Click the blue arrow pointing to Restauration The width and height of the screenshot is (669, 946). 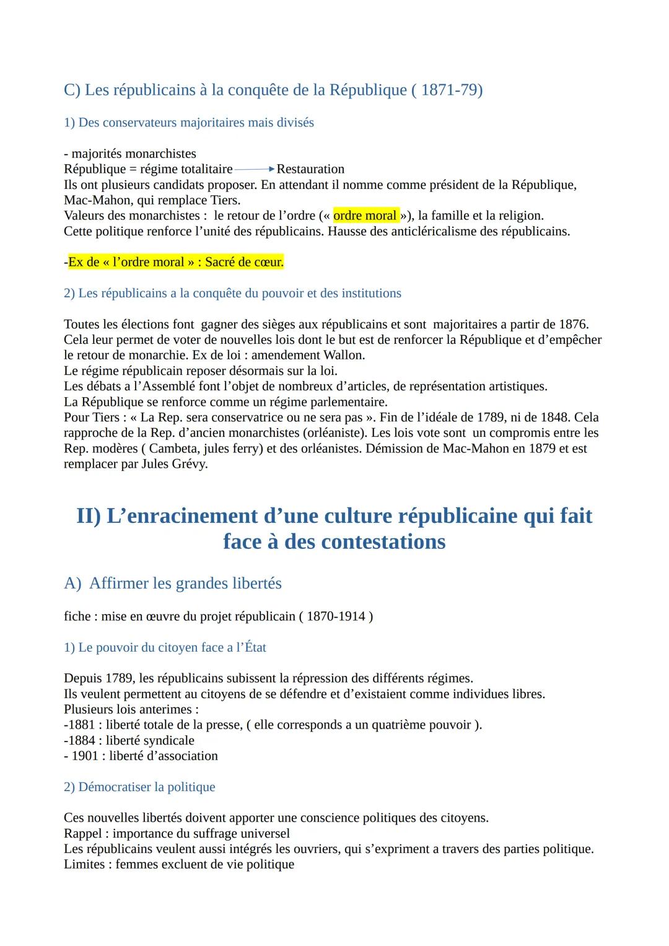[x=255, y=169]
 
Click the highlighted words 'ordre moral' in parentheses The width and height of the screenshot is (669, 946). [x=365, y=216]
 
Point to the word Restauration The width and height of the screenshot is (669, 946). [x=310, y=169]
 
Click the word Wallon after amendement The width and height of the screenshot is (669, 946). [x=344, y=355]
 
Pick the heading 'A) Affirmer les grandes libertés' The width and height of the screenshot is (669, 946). [x=173, y=583]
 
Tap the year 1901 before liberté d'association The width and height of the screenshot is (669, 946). [x=84, y=756]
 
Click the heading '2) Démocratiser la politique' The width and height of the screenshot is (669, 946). [x=139, y=787]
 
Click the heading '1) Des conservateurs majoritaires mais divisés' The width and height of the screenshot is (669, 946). [x=189, y=123]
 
